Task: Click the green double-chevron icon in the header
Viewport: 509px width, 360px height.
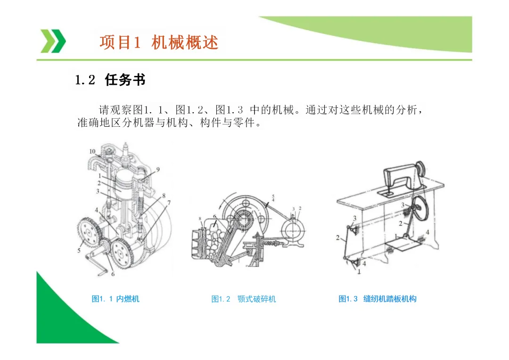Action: pyautogui.click(x=53, y=41)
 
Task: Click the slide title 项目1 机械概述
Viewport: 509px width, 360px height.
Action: pyautogui.click(x=159, y=42)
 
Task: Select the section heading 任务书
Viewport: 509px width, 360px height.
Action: pyautogui.click(x=125, y=80)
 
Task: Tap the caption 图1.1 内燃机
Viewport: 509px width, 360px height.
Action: pyautogui.click(x=115, y=299)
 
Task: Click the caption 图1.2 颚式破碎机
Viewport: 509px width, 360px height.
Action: pyautogui.click(x=244, y=299)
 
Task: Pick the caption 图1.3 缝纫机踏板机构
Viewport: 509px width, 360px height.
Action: pyautogui.click(x=377, y=299)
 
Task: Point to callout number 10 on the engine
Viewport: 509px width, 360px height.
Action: pyautogui.click(x=92, y=151)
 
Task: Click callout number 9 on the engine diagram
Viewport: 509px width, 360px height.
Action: pyautogui.click(x=158, y=170)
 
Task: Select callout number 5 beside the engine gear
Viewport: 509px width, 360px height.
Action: pyautogui.click(x=79, y=250)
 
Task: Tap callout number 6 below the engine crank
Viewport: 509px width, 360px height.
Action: pyautogui.click(x=113, y=274)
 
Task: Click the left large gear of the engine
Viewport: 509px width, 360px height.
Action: pyautogui.click(x=88, y=232)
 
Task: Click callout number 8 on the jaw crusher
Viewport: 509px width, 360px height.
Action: pyautogui.click(x=200, y=219)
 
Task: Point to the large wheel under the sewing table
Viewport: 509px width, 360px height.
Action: pyautogui.click(x=420, y=208)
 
